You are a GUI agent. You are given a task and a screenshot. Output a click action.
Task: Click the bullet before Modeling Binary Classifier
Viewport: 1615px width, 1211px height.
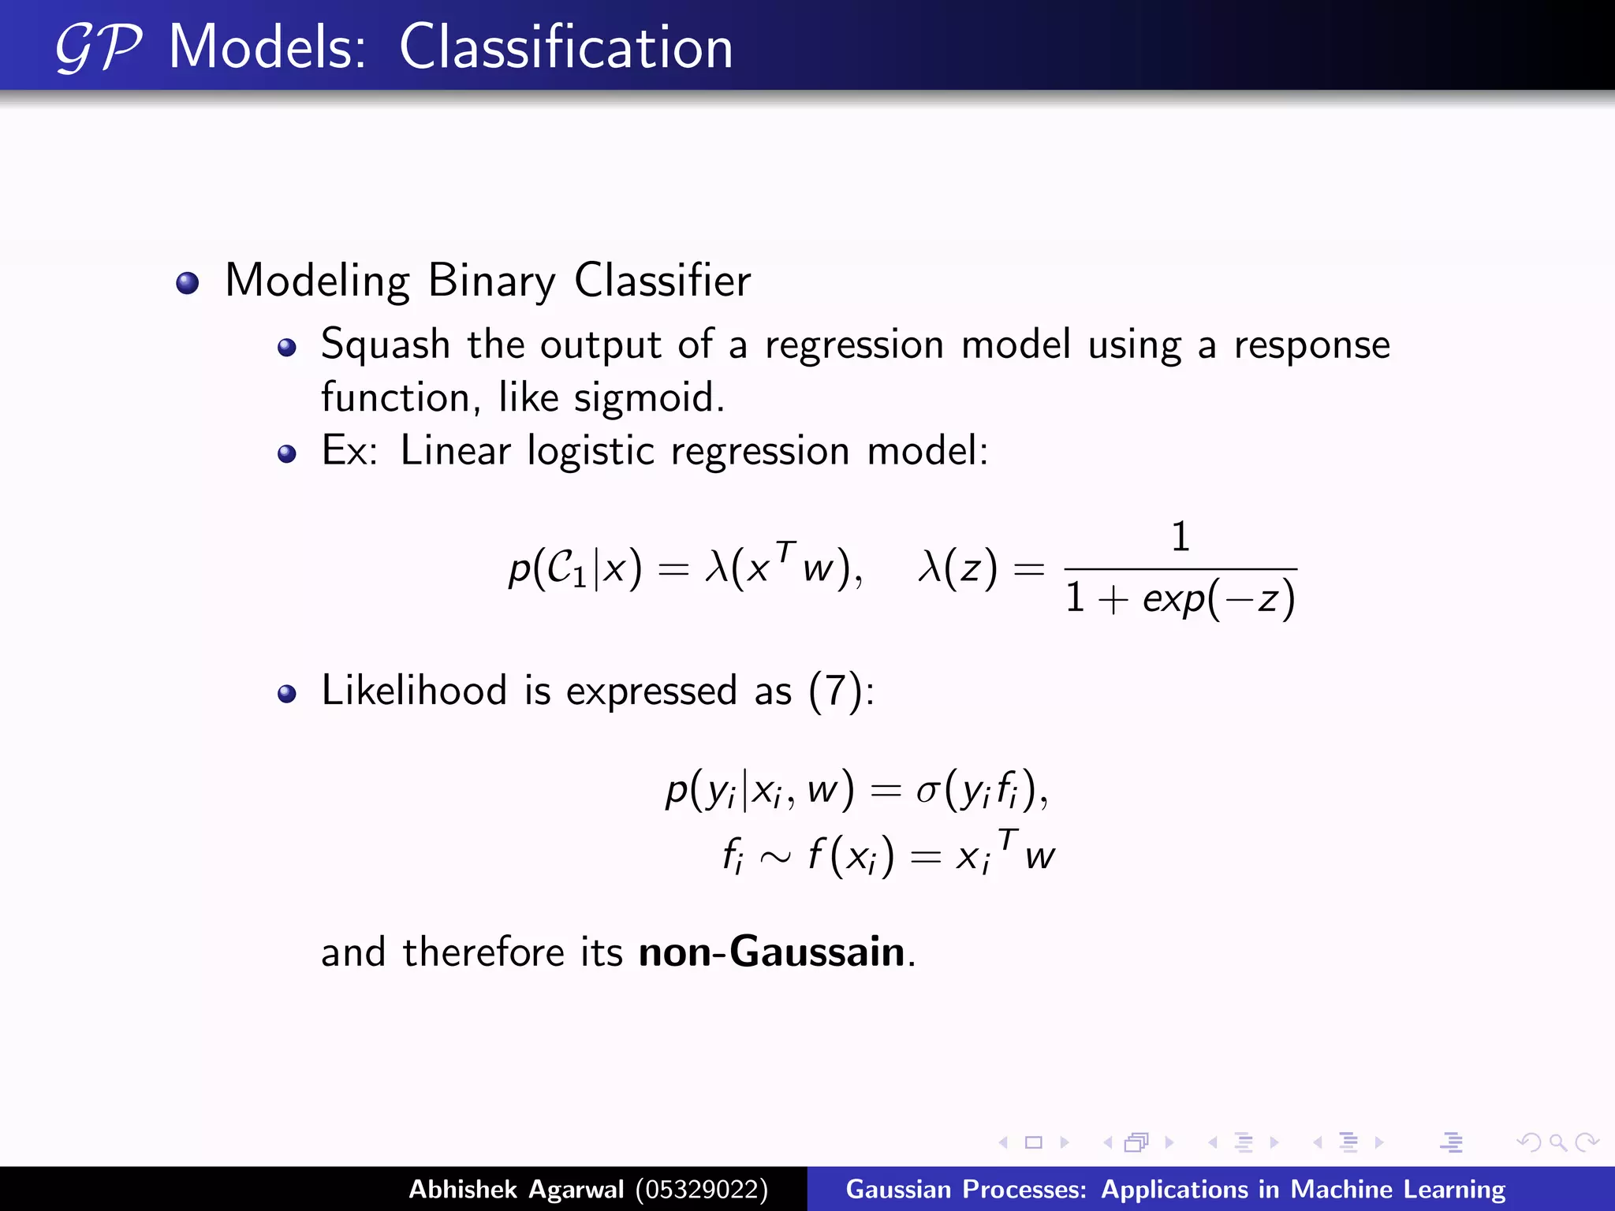tap(188, 283)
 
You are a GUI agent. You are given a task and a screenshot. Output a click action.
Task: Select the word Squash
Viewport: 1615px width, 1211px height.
tap(385, 345)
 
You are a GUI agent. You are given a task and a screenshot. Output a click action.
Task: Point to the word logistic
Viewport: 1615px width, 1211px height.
tap(591, 451)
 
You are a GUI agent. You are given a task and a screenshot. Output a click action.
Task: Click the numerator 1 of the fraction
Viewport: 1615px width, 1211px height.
tap(1180, 538)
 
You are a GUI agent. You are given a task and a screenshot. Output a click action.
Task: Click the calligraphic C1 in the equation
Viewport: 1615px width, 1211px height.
tap(565, 568)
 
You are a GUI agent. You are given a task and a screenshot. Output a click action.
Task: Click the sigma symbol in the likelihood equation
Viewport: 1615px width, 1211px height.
tap(927, 790)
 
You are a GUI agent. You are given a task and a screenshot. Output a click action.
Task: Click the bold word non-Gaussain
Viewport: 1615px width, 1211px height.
tap(771, 952)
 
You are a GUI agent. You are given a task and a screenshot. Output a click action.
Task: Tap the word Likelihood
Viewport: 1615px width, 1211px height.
tap(414, 691)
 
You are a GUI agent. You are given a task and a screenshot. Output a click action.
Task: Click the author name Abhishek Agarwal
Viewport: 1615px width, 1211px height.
tap(516, 1189)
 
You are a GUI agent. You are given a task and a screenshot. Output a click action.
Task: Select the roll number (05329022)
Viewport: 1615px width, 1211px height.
tap(701, 1189)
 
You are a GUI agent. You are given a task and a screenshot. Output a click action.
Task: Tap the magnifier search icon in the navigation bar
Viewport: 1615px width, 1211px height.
tap(1557, 1142)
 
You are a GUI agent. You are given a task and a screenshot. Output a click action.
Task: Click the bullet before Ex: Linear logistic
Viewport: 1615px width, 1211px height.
tap(287, 453)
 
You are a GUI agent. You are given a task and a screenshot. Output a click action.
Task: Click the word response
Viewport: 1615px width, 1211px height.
tap(1311, 345)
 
